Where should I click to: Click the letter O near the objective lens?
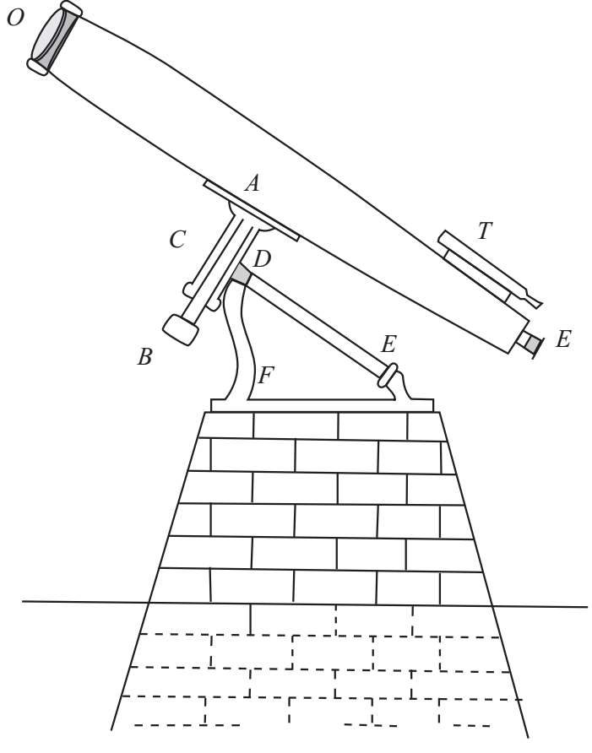coord(14,18)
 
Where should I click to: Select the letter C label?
coord(177,240)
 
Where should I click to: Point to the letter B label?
coord(144,357)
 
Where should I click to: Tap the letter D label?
coord(262,259)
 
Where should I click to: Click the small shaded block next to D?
coord(242,275)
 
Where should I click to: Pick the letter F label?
coord(265,374)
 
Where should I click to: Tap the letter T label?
coord(484,230)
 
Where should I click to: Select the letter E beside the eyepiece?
coord(563,340)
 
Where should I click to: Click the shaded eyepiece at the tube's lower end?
coord(530,343)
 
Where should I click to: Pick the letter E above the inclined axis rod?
coord(388,344)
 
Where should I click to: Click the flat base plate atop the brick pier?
coord(321,405)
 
